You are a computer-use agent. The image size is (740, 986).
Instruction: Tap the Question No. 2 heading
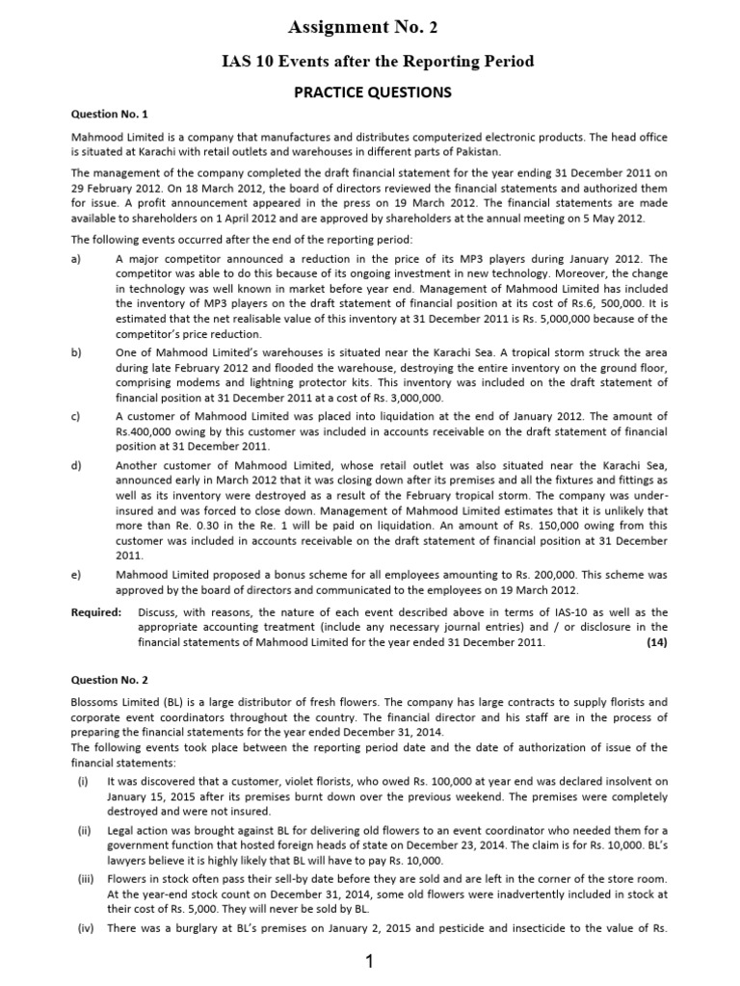112,680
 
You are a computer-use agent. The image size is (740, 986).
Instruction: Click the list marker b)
77,353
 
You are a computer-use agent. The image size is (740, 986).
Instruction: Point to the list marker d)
77,465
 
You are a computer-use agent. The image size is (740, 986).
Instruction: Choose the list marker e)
77,574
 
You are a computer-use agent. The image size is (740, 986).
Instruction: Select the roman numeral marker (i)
85,781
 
